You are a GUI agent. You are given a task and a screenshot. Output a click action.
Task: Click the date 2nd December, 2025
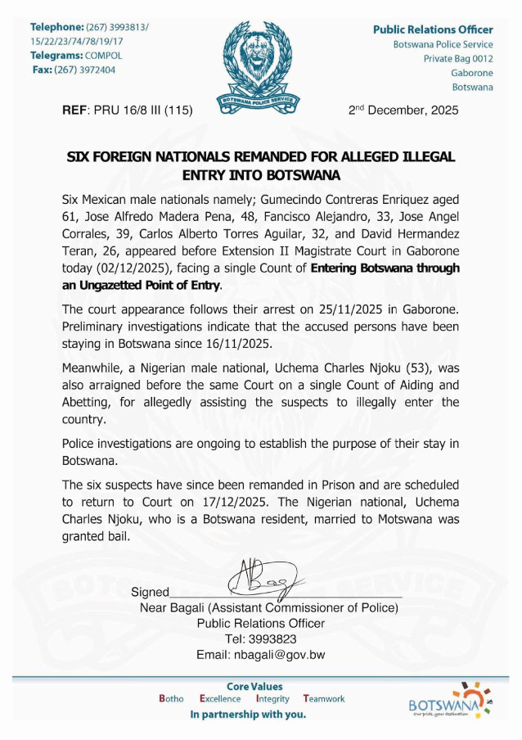pyautogui.click(x=403, y=110)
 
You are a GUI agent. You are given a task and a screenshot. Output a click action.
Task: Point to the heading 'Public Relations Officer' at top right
pyautogui.click(x=433, y=29)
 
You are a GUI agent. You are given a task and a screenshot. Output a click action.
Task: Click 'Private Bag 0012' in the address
pyautogui.click(x=457, y=58)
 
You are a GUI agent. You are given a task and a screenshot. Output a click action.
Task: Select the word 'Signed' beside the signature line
pyautogui.click(x=150, y=592)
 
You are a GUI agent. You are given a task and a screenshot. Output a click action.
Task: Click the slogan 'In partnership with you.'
pyautogui.click(x=248, y=715)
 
